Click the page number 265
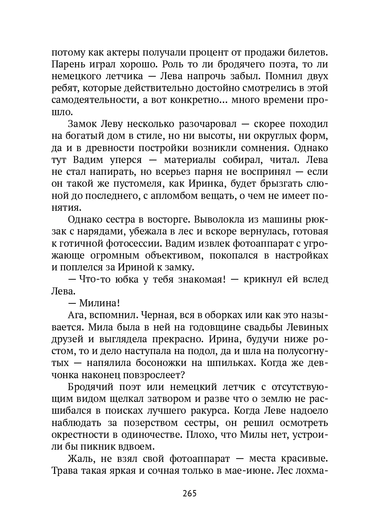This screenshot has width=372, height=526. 189,493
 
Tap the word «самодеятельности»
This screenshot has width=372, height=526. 90,100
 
